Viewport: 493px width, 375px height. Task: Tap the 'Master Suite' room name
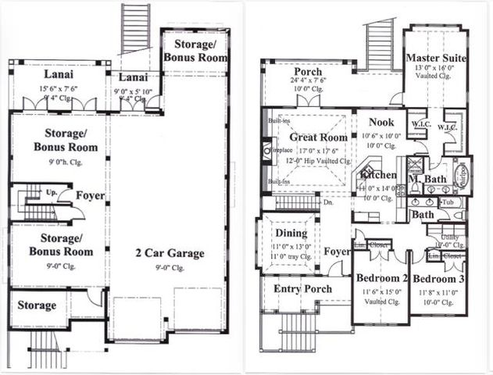point(437,58)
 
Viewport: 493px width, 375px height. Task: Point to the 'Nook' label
point(382,122)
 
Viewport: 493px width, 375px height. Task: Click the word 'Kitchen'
point(378,176)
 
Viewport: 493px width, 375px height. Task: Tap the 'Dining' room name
point(291,233)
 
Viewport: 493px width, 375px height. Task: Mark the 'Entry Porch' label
point(303,289)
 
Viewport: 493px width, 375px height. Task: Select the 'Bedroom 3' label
point(438,279)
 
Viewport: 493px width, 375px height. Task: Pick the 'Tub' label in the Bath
point(448,201)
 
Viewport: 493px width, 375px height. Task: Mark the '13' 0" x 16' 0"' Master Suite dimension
point(437,69)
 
